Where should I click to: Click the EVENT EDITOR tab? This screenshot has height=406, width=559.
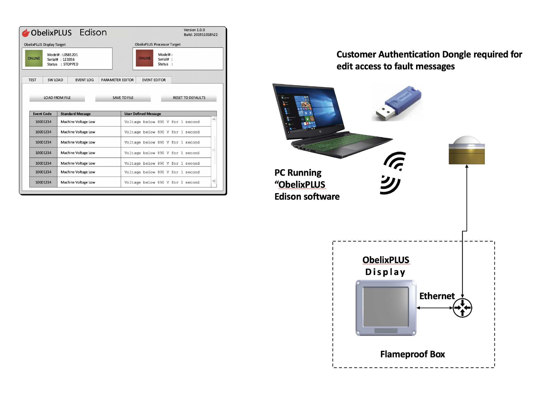(x=154, y=80)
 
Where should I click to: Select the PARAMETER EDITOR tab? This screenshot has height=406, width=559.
(x=117, y=80)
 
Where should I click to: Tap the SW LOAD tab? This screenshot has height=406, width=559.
(x=55, y=80)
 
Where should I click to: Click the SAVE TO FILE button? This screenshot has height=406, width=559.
(x=123, y=98)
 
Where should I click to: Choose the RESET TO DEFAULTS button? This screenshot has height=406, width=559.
(x=189, y=98)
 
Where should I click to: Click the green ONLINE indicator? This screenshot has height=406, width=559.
(x=34, y=58)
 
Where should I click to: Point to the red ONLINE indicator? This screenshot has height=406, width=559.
(x=145, y=58)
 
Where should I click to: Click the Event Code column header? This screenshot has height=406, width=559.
(x=42, y=114)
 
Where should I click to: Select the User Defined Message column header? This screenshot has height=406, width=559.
(x=143, y=114)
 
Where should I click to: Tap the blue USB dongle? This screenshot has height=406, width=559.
(x=400, y=103)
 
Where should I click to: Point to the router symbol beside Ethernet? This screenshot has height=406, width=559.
(x=462, y=308)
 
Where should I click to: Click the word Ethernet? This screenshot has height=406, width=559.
(x=437, y=296)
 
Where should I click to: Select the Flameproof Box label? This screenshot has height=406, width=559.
(x=412, y=354)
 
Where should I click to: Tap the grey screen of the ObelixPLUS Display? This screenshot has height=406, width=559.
(x=386, y=307)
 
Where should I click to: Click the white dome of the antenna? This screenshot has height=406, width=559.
(x=467, y=140)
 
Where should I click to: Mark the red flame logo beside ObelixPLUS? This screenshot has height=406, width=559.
(x=26, y=33)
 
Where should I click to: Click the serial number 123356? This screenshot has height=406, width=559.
(x=69, y=59)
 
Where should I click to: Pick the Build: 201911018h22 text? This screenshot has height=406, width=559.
(x=201, y=35)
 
